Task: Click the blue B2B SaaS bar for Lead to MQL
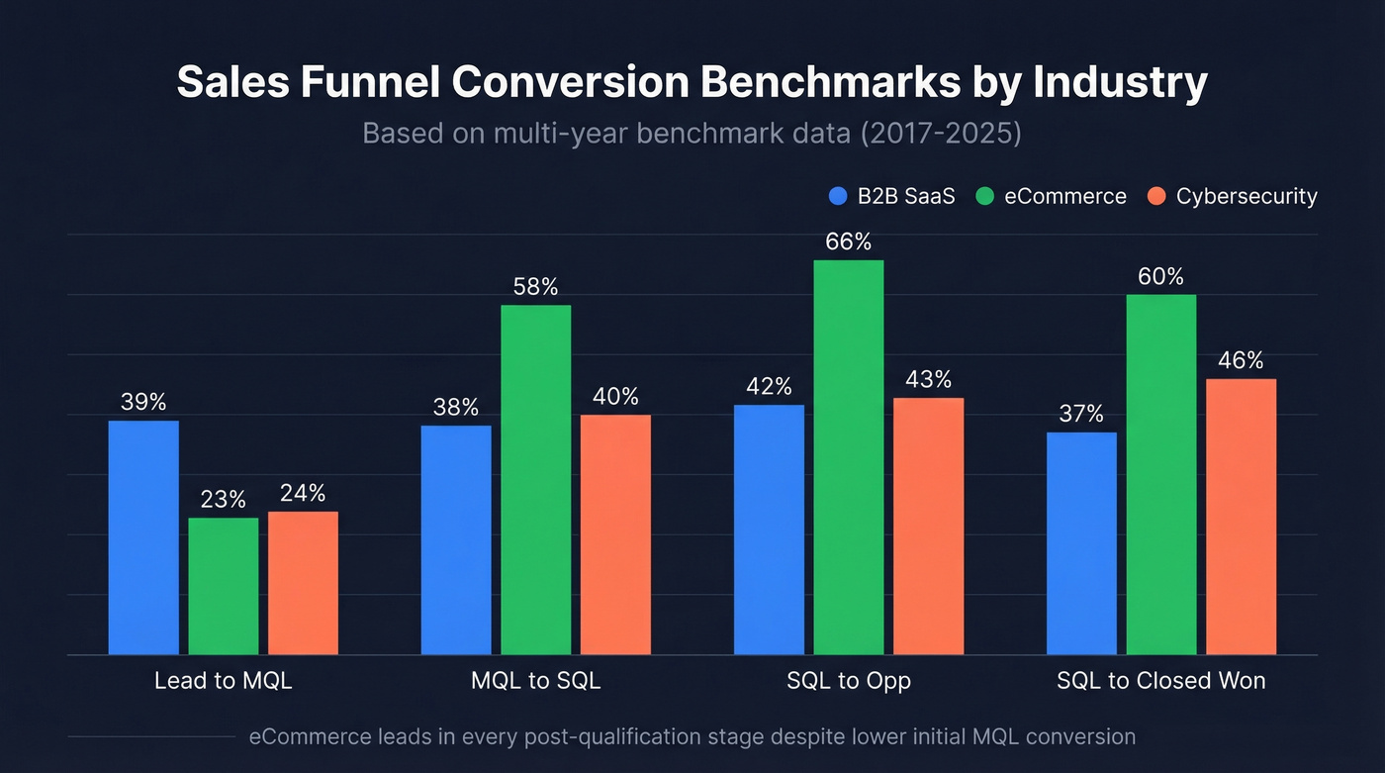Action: tap(143, 537)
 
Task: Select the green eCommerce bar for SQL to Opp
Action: tap(848, 457)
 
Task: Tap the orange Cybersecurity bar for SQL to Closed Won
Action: tap(1241, 517)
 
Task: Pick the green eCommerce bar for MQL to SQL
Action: tap(535, 480)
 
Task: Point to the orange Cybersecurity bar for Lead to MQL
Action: tap(303, 583)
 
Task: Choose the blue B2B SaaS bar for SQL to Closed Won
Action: tap(1081, 543)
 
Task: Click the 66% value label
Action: tap(848, 242)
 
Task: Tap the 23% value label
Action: tap(223, 500)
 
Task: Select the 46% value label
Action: tap(1241, 360)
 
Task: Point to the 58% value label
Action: tap(535, 287)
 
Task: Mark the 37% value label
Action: tap(1081, 414)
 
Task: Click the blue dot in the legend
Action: tap(839, 196)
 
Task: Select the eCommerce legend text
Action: tap(1065, 196)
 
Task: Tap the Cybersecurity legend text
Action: tap(1246, 196)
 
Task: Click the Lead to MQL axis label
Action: tap(224, 681)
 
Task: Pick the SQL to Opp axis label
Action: tap(848, 681)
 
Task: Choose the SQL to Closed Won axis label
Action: tap(1160, 681)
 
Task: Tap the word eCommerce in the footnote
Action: tap(311, 736)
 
